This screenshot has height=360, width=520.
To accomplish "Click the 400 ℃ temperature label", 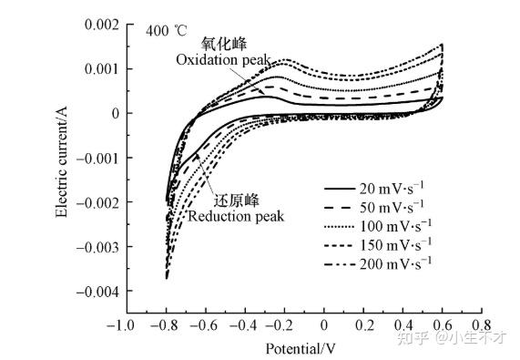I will pyautogui.click(x=167, y=30).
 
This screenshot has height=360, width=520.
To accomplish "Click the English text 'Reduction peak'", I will pyautogui.click(x=236, y=216).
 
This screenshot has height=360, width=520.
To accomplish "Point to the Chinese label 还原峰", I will pyautogui.click(x=235, y=201).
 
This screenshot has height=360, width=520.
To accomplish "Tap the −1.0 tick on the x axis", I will pyautogui.click(x=124, y=324).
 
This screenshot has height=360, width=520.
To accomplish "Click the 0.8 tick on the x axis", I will pyautogui.click(x=482, y=324).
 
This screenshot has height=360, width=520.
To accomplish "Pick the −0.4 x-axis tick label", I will pyautogui.click(x=242, y=324).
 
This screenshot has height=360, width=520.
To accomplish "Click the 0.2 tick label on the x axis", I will pyautogui.click(x=363, y=324).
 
